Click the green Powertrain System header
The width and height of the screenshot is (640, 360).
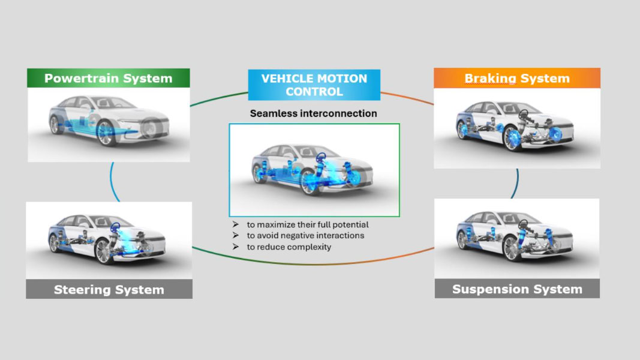[109, 78]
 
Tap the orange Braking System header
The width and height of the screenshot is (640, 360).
[516, 78]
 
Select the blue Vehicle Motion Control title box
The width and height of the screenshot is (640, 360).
[314, 85]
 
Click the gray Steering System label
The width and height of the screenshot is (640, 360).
[109, 289]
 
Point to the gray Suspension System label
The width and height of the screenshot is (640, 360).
[517, 289]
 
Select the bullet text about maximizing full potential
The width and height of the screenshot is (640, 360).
[307, 224]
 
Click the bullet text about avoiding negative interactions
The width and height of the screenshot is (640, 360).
[305, 236]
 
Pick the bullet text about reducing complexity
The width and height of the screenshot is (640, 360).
[289, 247]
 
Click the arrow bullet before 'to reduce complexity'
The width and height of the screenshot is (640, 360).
[236, 247]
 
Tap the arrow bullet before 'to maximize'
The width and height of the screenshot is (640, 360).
[236, 224]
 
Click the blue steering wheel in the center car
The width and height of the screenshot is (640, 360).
[321, 157]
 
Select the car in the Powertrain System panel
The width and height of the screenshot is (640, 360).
[109, 120]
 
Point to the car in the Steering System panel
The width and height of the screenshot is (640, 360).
[107, 239]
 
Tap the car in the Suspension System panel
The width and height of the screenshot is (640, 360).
[514, 236]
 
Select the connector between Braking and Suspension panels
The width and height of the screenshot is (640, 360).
[516, 184]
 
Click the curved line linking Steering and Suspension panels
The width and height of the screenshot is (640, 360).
[314, 264]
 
